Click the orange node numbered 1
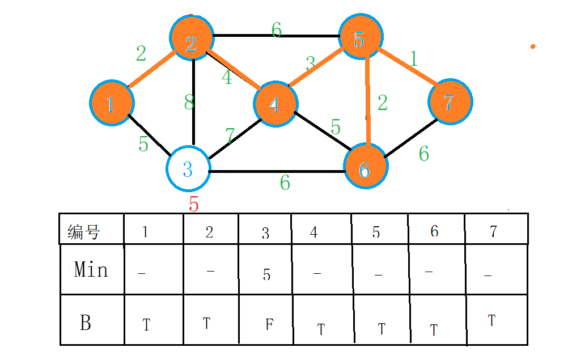pyautogui.click(x=111, y=103)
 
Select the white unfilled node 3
pyautogui.click(x=188, y=168)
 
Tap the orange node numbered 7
pyautogui.click(x=450, y=102)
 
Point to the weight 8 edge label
pyautogui.click(x=189, y=103)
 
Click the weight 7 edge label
pyautogui.click(x=230, y=135)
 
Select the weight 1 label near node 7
pyautogui.click(x=414, y=58)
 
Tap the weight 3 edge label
pyautogui.click(x=310, y=62)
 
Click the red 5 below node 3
pyautogui.click(x=194, y=205)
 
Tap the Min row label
pyautogui.click(x=91, y=270)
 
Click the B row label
pyautogui.click(x=85, y=323)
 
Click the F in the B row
pyautogui.click(x=269, y=325)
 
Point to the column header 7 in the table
pyautogui.click(x=493, y=232)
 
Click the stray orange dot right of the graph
pyautogui.click(x=533, y=46)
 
